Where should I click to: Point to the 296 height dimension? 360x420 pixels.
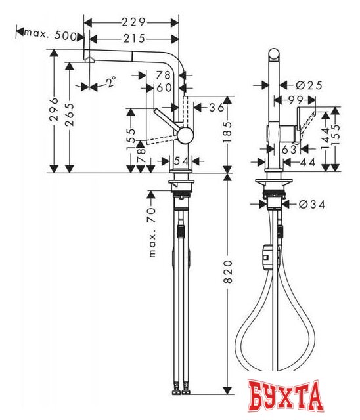(54, 112)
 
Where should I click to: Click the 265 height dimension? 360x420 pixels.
(72, 115)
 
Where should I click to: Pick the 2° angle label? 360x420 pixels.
(111, 82)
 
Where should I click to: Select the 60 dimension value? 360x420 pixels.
(164, 87)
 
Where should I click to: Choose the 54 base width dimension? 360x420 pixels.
(181, 161)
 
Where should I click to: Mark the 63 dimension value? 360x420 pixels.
(287, 150)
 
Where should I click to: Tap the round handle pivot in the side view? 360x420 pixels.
(187, 135)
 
